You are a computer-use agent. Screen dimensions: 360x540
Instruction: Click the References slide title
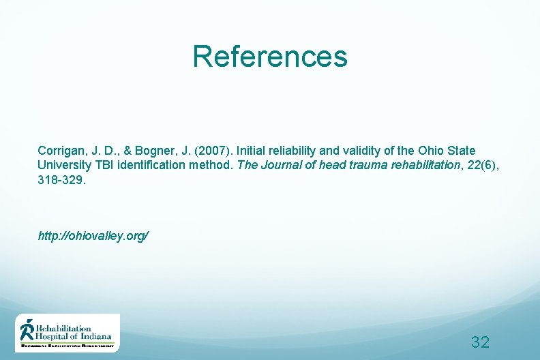tap(269, 57)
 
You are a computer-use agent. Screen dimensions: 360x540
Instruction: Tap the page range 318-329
tap(61, 181)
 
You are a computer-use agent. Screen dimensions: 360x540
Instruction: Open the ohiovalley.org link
tap(93, 236)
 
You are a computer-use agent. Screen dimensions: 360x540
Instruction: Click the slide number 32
tap(480, 342)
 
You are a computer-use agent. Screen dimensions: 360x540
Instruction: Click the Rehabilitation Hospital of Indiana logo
tap(67, 333)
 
